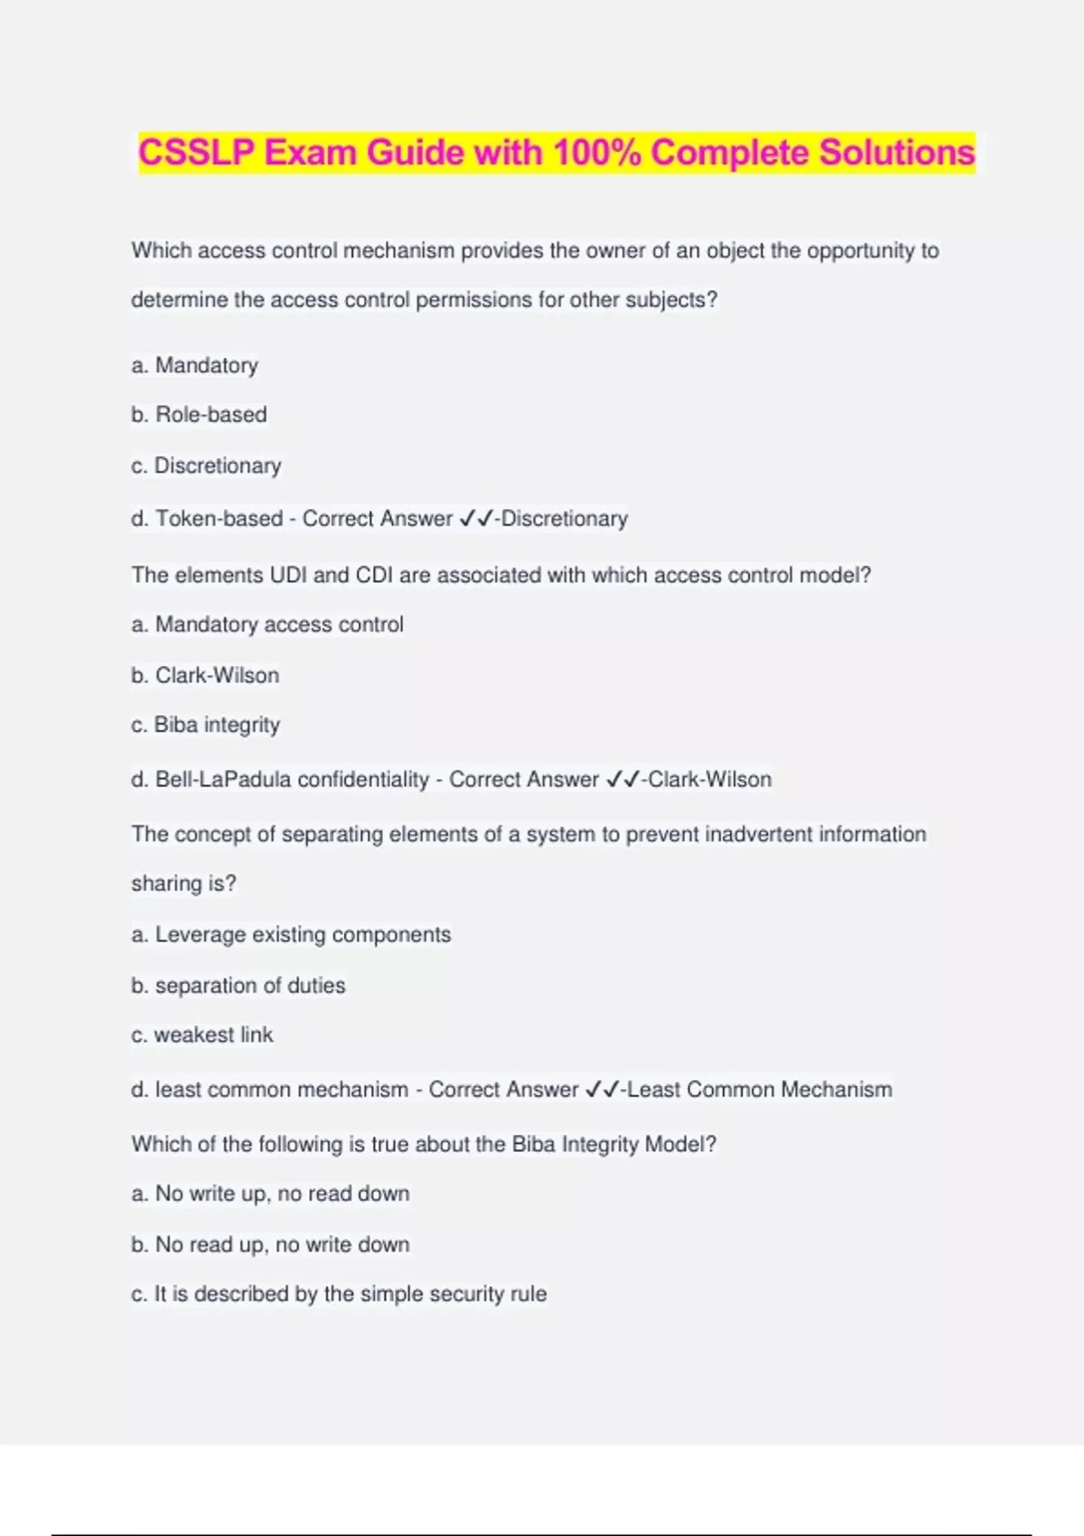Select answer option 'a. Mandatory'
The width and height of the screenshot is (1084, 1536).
point(194,365)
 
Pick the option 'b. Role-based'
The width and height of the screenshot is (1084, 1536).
point(199,415)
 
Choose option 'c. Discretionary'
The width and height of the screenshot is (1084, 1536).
point(206,465)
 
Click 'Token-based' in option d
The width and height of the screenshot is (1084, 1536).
point(219,519)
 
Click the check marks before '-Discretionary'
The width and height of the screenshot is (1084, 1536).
point(476,519)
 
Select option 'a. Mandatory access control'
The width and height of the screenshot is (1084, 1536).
point(267,624)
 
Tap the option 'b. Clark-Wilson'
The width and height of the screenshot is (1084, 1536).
point(205,675)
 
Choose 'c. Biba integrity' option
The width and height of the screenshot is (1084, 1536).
point(205,725)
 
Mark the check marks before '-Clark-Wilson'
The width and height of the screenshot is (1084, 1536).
point(623,779)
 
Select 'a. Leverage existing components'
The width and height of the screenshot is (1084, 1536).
point(291,934)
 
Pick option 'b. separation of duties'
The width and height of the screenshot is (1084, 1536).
point(238,985)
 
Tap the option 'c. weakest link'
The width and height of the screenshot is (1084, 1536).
point(201,1035)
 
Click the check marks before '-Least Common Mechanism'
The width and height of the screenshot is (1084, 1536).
point(603,1090)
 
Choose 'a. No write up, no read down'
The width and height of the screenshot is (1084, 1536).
point(270,1194)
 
